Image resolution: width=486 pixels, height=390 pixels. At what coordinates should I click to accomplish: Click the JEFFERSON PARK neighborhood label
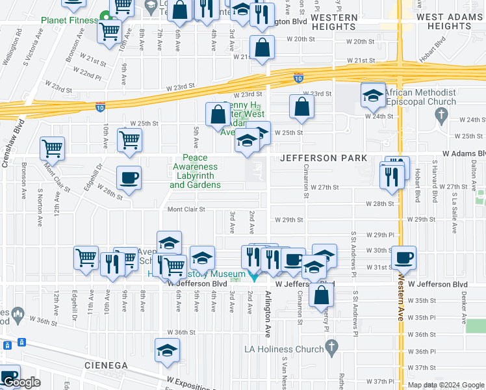pyautogui.click(x=324, y=159)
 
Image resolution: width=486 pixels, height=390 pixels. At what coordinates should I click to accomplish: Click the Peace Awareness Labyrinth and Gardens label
pyautogui.click(x=195, y=172)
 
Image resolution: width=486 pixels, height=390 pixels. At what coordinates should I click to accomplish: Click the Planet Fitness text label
pyautogui.click(x=69, y=20)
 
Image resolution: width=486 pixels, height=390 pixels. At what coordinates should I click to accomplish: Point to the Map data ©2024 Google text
pyautogui.click(x=446, y=385)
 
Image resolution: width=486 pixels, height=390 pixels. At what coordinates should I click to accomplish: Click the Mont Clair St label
pyautogui.click(x=186, y=209)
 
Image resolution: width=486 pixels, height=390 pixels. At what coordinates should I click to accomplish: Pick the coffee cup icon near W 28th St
pyautogui.click(x=129, y=177)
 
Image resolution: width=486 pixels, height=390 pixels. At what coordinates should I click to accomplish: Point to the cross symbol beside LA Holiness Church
pyautogui.click(x=332, y=346)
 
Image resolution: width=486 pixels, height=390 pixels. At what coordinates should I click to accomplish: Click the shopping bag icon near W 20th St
pyautogui.click(x=261, y=47)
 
